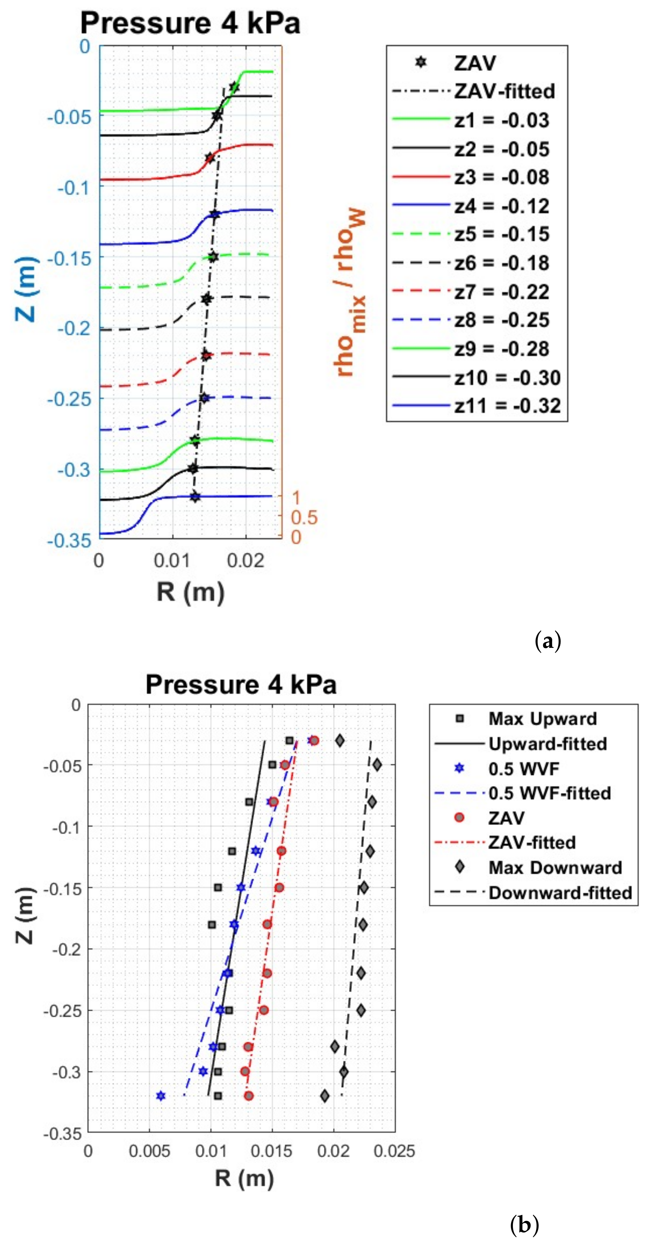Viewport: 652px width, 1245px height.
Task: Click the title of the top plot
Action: pyautogui.click(x=190, y=23)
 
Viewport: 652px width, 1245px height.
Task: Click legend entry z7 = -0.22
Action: pyautogui.click(x=501, y=292)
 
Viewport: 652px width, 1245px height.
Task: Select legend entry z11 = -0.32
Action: pyautogui.click(x=507, y=405)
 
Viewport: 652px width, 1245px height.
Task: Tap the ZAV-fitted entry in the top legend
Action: pyautogui.click(x=504, y=91)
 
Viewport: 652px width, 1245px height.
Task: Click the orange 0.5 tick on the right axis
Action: pyautogui.click(x=304, y=518)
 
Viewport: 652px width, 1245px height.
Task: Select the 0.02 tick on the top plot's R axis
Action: pyautogui.click(x=246, y=561)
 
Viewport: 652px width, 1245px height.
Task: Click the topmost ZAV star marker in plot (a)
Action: pyautogui.click(x=234, y=87)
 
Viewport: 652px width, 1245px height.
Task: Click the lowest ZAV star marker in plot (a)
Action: pyautogui.click(x=194, y=496)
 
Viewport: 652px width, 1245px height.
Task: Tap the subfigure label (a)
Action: pyautogui.click(x=548, y=641)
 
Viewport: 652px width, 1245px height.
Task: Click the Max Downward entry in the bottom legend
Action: pyautogui.click(x=555, y=868)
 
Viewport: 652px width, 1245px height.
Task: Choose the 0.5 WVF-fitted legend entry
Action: pyautogui.click(x=550, y=793)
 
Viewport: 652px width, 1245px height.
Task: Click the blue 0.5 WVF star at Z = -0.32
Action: pyautogui.click(x=161, y=1096)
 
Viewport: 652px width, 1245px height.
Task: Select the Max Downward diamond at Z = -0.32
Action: pyautogui.click(x=325, y=1096)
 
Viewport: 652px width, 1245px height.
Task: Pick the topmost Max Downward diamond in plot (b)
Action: pyautogui.click(x=340, y=741)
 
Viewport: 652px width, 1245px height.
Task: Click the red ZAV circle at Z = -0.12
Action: pyautogui.click(x=281, y=851)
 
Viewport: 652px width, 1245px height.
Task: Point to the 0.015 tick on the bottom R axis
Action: pyautogui.click(x=271, y=1151)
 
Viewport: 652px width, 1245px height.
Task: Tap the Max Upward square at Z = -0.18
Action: pyautogui.click(x=212, y=925)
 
